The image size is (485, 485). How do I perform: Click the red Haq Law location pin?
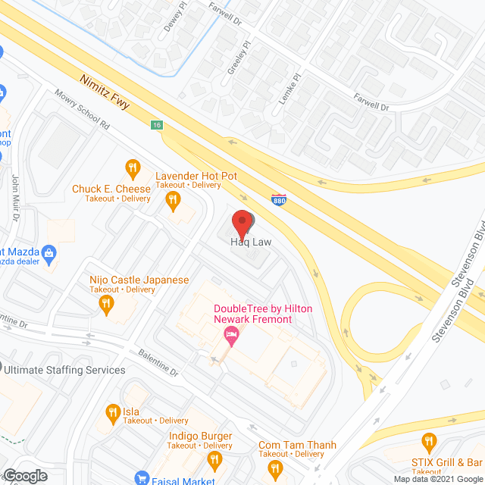(242, 224)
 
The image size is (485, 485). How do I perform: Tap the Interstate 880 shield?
(278, 199)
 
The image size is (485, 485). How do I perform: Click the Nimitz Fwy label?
(112, 92)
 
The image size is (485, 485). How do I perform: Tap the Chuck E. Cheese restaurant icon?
(133, 167)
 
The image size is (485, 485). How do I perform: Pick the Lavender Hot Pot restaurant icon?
(173, 199)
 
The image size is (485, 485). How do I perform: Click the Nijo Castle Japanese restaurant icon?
(106, 304)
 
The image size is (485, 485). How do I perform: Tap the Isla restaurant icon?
(112, 413)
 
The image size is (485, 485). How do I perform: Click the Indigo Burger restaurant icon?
(215, 459)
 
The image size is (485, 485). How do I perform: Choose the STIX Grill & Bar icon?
(428, 440)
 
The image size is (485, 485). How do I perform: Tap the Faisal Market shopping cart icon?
(141, 478)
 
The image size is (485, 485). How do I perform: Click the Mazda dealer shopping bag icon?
(49, 252)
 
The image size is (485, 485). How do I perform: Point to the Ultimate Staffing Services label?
(64, 370)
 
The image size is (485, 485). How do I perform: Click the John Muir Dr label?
(16, 197)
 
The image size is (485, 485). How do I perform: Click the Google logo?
(25, 475)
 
